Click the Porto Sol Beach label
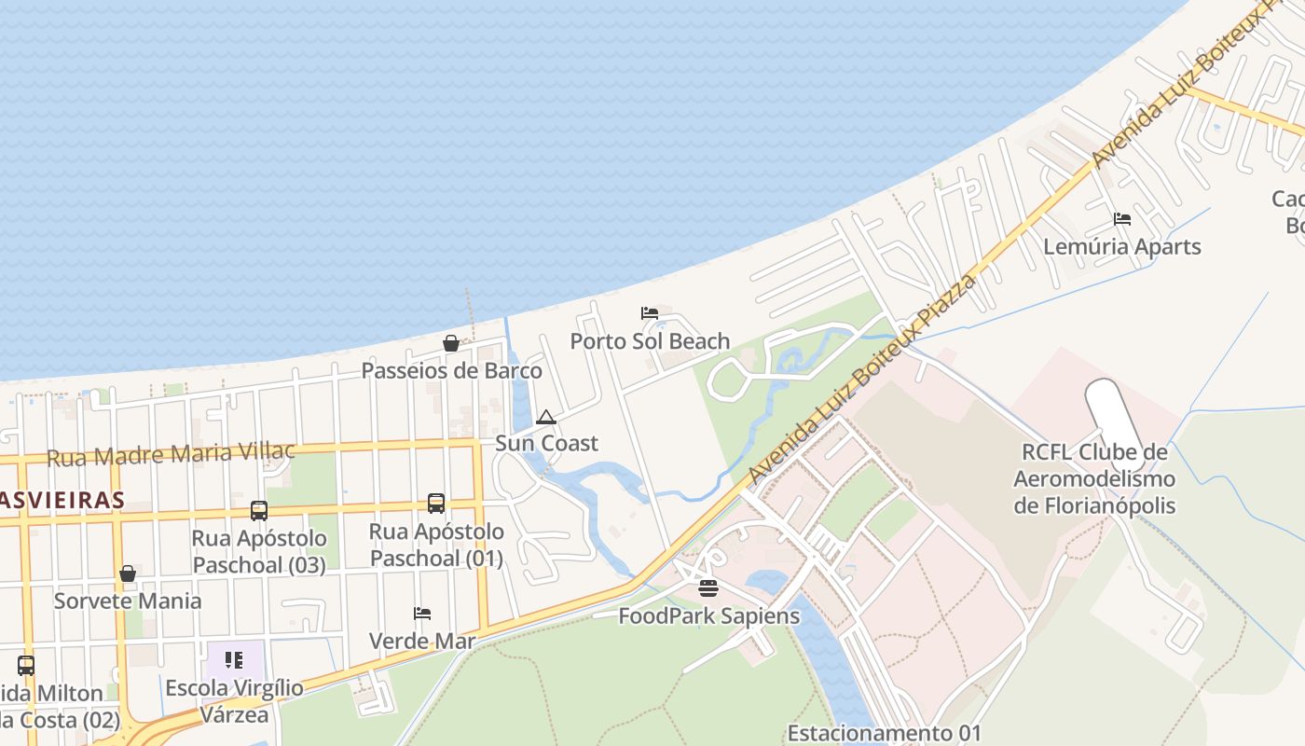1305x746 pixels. point(650,341)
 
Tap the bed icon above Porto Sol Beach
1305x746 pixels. point(650,312)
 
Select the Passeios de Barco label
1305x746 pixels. point(451,370)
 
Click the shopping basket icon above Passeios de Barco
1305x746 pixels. point(451,343)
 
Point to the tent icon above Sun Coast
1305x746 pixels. point(546,417)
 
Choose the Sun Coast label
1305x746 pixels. point(546,443)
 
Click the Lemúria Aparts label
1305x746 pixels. point(1121,247)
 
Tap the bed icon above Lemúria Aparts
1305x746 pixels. point(1122,219)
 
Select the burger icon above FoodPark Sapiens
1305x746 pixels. point(708,588)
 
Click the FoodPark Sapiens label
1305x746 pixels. point(708,616)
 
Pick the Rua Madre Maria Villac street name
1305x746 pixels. point(171,455)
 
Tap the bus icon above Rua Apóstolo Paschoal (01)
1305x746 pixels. point(436,504)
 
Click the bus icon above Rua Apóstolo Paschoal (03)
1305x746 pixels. point(259,511)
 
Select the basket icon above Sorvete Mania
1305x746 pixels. point(128,573)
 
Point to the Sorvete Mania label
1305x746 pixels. point(128,601)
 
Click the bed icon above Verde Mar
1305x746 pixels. point(422,614)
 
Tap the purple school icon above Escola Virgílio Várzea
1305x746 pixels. point(234,660)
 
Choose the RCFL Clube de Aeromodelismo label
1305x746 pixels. point(1094,479)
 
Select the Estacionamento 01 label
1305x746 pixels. point(884,733)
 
